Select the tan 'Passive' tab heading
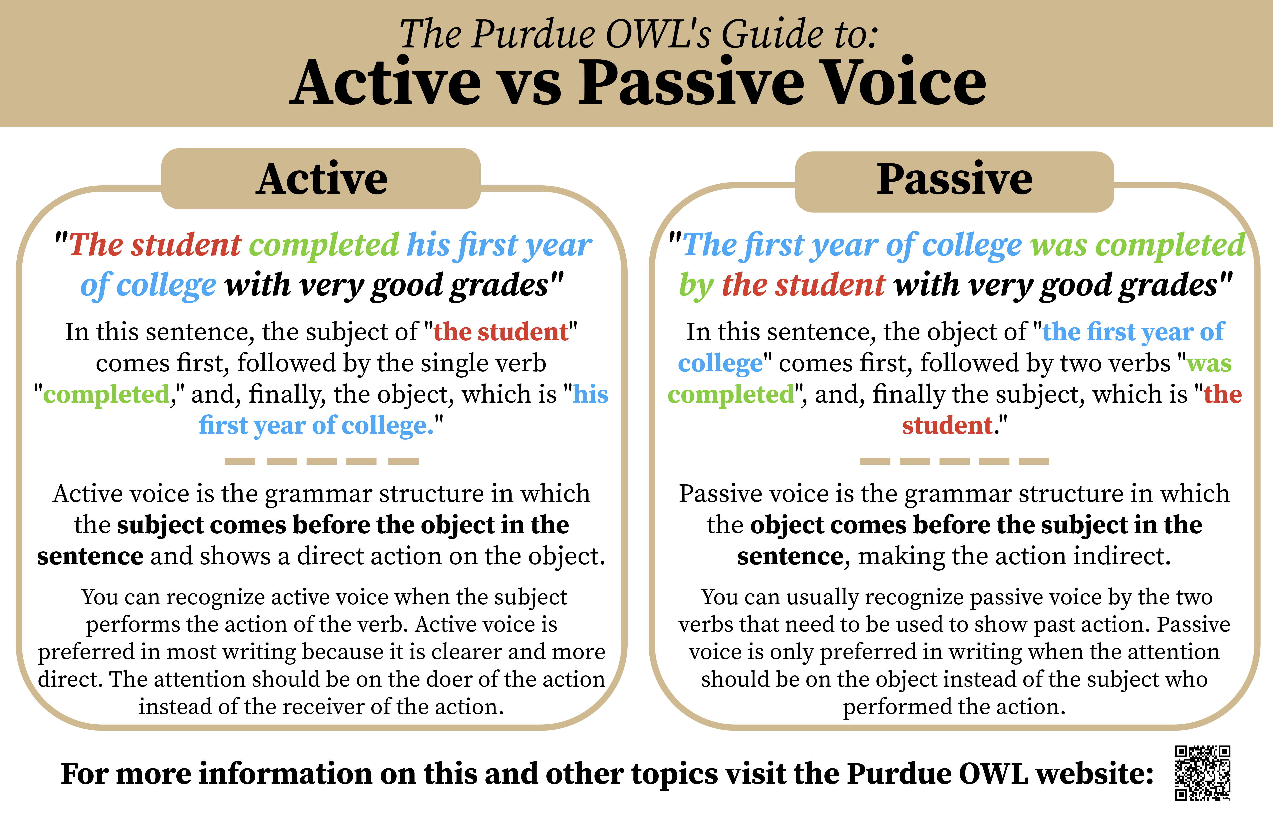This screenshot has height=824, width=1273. (954, 181)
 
